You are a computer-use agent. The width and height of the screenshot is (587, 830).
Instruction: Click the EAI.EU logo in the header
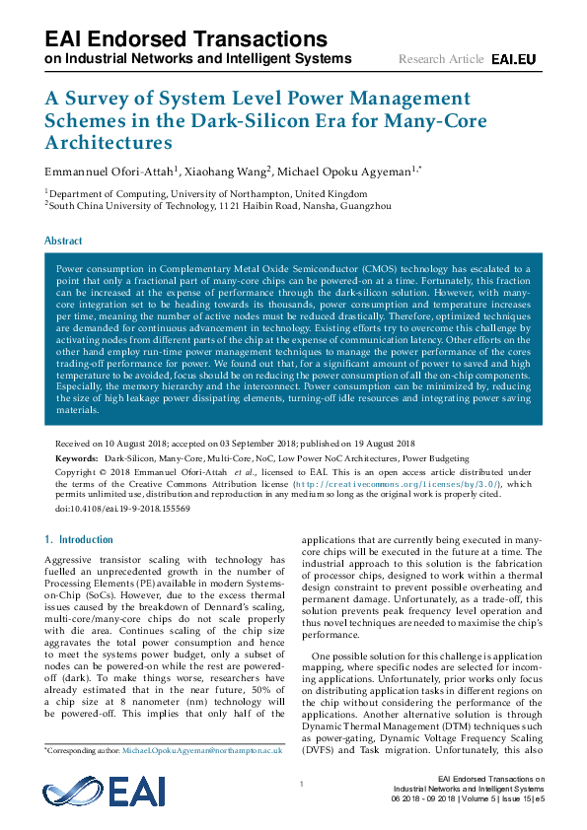pyautogui.click(x=513, y=60)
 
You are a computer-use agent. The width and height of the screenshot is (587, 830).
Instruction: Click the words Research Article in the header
pyautogui.click(x=441, y=60)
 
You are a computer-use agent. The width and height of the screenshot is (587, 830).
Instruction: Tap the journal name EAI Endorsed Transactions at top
pyautogui.click(x=185, y=39)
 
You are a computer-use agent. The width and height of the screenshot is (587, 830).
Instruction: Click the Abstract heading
pyautogui.click(x=63, y=241)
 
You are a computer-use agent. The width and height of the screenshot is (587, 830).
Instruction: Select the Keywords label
pyautogui.click(x=76, y=458)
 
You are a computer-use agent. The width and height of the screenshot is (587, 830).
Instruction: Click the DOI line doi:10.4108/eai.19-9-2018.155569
pyautogui.click(x=122, y=509)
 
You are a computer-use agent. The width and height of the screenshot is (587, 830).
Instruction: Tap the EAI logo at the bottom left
pyautogui.click(x=97, y=794)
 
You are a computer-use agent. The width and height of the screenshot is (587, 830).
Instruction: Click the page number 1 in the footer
pyautogui.click(x=300, y=784)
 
